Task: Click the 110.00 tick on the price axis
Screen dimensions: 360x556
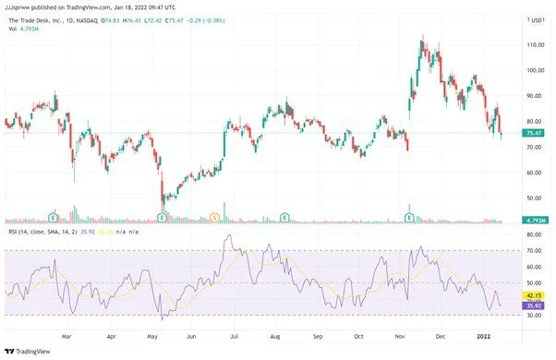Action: [x=535, y=44]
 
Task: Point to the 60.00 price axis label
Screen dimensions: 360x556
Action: [x=534, y=173]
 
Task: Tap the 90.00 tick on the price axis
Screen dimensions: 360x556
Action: [x=534, y=96]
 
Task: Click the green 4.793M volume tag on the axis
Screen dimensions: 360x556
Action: [x=537, y=220]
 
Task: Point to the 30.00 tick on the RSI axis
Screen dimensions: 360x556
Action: [x=534, y=316]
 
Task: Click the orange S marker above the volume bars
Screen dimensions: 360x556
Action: [x=215, y=217]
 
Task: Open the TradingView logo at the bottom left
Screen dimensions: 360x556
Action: [x=27, y=351]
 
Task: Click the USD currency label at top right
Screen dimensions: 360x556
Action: [x=536, y=19]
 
